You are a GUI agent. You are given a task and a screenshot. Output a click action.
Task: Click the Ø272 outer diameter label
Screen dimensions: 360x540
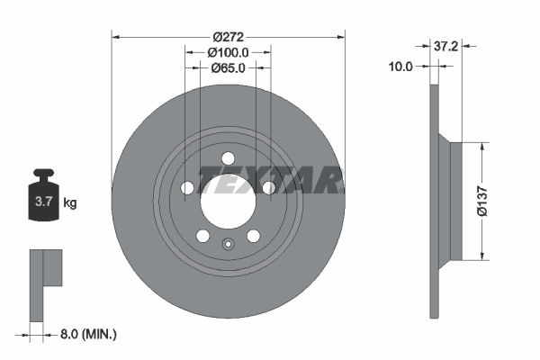pos(229,37)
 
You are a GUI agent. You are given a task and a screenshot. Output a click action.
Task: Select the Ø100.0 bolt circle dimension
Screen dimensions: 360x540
pos(229,53)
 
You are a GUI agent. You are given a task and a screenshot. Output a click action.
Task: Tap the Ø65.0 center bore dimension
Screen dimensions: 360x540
pos(229,68)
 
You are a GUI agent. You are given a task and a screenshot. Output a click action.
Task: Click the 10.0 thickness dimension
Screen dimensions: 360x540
pos(400,66)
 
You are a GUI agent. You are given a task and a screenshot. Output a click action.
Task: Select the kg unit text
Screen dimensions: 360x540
pos(70,203)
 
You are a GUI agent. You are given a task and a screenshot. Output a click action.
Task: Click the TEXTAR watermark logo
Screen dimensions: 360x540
pos(270,179)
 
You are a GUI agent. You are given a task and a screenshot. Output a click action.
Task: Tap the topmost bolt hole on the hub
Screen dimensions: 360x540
pos(228,158)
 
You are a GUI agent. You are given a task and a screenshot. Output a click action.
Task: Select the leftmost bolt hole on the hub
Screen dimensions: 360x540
pos(187,187)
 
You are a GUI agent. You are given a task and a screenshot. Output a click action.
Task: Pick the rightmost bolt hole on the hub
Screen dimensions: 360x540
pos(268,187)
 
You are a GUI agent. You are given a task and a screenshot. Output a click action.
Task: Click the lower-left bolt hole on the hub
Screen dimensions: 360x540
pos(202,235)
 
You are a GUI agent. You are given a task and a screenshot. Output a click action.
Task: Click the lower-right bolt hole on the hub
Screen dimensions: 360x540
pos(253,235)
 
